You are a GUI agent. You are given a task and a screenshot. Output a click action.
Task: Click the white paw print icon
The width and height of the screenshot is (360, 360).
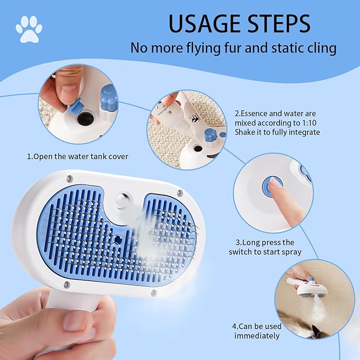coord(29,30)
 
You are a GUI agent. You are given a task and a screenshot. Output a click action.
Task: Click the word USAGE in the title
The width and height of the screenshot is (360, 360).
coord(204,23)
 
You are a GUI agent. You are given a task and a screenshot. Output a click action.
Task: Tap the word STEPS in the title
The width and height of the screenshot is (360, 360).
coord(278,23)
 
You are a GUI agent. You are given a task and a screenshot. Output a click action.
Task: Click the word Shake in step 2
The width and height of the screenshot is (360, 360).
coord(247,132)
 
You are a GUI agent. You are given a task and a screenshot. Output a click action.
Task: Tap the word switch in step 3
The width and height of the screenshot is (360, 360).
coord(241,252)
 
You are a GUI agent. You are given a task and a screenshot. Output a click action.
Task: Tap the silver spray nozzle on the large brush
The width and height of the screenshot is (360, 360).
coord(124,202)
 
